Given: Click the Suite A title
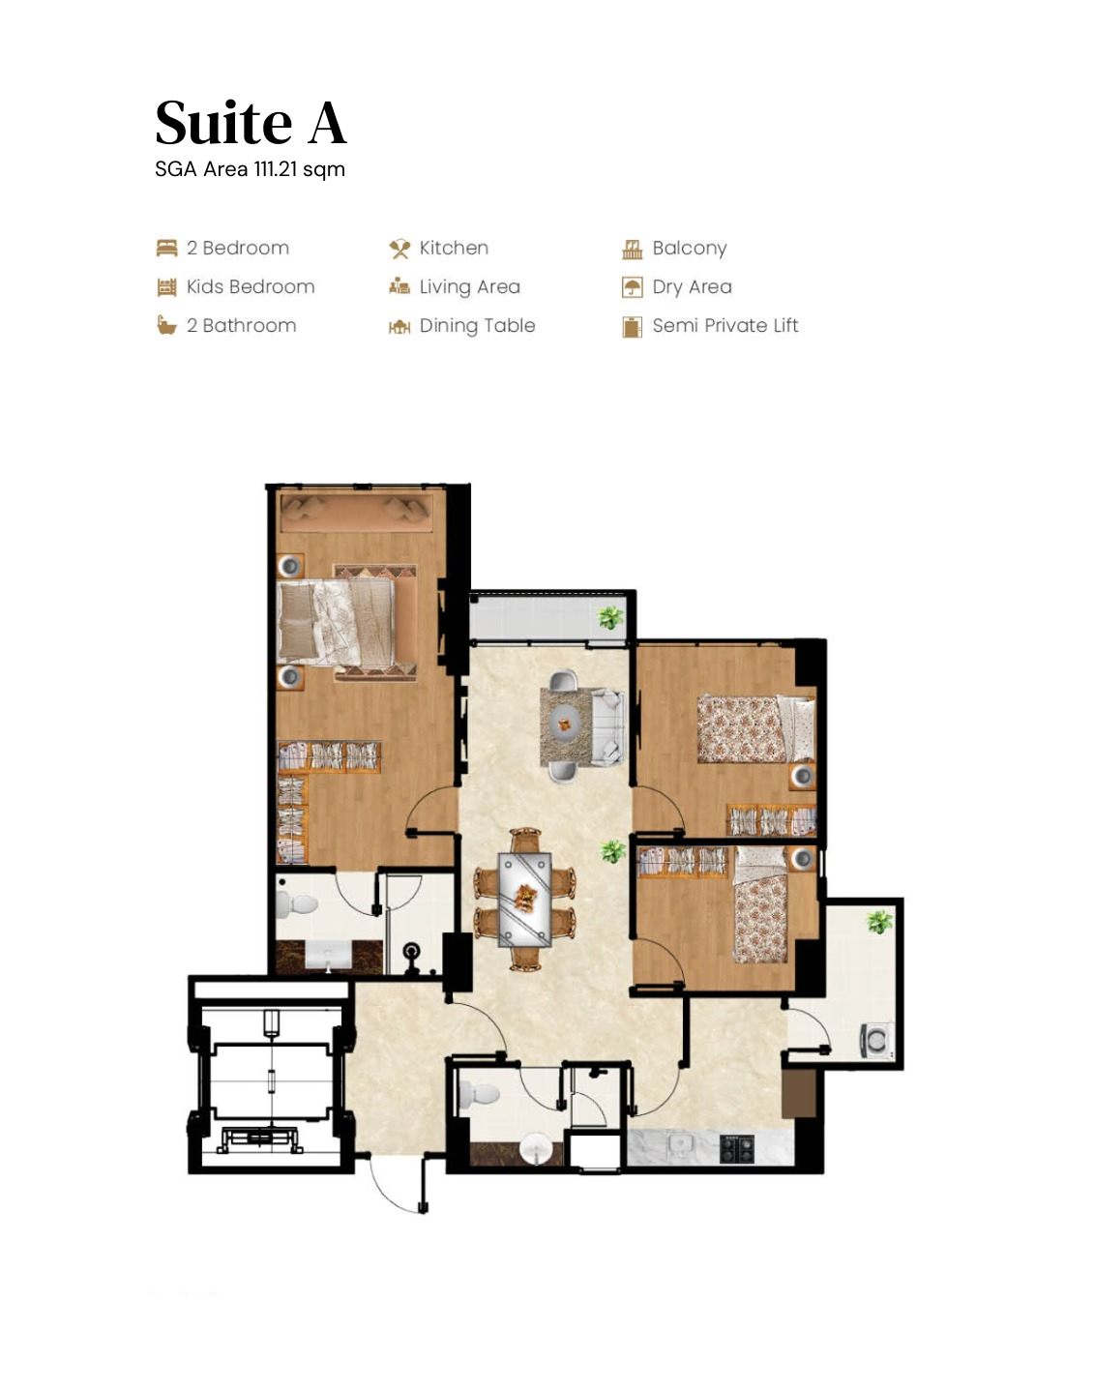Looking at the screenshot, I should [x=251, y=123].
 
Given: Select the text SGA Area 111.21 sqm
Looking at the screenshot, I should [x=250, y=169].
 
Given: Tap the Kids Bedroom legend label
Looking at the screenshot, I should [x=250, y=287].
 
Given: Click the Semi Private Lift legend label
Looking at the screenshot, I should [x=724, y=326].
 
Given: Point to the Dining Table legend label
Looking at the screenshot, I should [x=477, y=326].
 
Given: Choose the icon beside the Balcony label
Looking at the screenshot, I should [x=632, y=250].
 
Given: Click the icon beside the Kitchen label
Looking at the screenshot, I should [x=399, y=250].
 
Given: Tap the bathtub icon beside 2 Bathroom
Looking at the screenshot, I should [x=166, y=326].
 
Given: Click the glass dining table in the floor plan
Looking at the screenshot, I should [x=524, y=899].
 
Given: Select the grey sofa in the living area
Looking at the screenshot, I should [x=607, y=725].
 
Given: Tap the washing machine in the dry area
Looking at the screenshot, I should [x=875, y=1041].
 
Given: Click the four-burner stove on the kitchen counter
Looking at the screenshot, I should [x=736, y=1148].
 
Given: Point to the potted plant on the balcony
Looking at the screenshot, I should [x=609, y=617].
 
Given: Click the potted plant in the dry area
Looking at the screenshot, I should [x=878, y=922].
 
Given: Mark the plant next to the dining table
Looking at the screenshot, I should [x=612, y=851].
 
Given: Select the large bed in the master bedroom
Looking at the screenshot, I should [x=336, y=622].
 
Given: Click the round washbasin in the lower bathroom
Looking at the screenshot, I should [x=535, y=1149].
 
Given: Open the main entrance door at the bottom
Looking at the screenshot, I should [x=397, y=1185].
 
